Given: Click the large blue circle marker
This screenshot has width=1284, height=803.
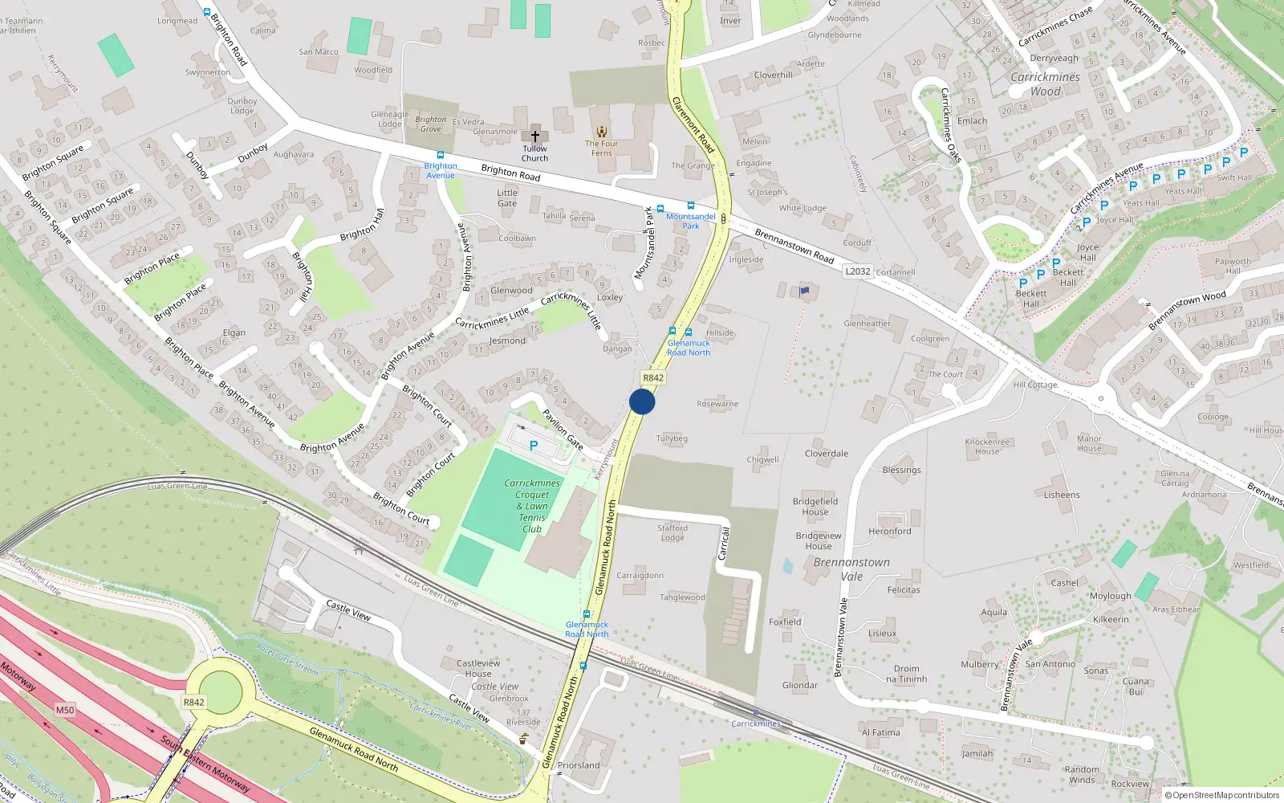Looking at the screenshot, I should click(642, 401).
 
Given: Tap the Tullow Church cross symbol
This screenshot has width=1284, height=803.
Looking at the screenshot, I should click(535, 137).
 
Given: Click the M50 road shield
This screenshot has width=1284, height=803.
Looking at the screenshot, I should click(65, 710).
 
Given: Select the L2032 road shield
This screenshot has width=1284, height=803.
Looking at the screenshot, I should click(857, 271).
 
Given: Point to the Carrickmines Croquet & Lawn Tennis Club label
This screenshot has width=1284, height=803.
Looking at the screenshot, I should click(532, 506).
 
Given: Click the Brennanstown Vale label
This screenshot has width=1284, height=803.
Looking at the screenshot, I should click(851, 569).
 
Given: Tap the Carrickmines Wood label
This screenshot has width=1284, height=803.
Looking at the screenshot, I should click(1045, 84).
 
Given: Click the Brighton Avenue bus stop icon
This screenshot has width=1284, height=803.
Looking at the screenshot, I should click(440, 155).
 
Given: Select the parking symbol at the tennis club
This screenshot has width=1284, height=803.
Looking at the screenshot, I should click(533, 446).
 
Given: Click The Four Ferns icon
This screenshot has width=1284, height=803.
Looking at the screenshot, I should click(601, 132).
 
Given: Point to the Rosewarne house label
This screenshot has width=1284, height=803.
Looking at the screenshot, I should click(717, 404).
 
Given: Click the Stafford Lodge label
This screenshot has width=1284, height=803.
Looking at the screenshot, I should click(672, 532).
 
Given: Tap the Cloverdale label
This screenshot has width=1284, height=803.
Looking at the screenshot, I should click(827, 454).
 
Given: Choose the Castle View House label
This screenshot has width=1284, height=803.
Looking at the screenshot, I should click(478, 668).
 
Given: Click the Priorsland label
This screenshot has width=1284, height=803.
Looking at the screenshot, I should click(579, 765).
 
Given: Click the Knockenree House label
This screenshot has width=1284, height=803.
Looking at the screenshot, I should click(987, 446).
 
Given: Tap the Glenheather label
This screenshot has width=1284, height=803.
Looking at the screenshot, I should click(868, 324).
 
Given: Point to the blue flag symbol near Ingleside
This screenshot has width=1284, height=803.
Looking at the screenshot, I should click(805, 291).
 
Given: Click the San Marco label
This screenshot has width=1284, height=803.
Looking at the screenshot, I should click(319, 52).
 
